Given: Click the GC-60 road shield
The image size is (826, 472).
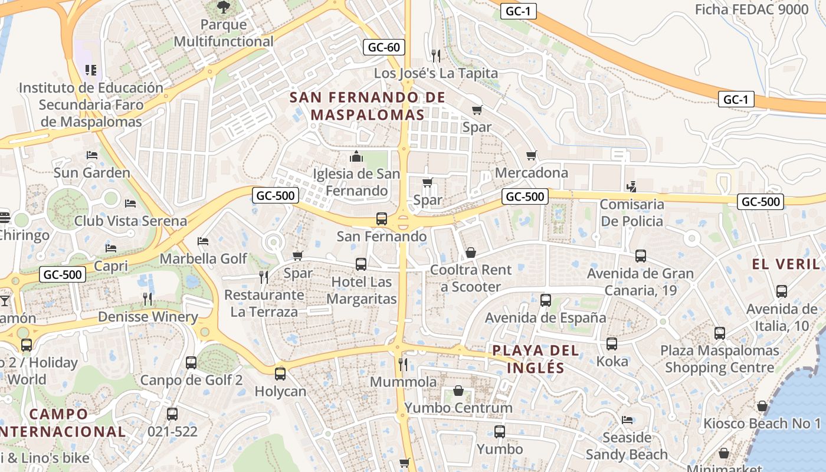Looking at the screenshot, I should tap(383, 47).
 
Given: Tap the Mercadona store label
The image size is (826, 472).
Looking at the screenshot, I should tap(531, 173).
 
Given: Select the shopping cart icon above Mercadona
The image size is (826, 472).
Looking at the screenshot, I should tap(531, 156).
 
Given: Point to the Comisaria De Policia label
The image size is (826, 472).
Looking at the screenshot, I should tap(631, 213).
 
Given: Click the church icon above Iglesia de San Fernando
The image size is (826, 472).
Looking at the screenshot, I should tap(356, 156).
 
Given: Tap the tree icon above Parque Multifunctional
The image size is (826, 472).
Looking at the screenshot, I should tap(223, 7).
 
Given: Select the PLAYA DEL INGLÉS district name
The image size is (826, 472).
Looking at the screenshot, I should tap(528, 359).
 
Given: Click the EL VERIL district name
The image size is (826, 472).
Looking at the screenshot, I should tap(786, 264).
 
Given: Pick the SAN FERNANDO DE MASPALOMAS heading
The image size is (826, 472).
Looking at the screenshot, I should tap(368, 106).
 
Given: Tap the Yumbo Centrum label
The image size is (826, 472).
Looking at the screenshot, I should tap(458, 408).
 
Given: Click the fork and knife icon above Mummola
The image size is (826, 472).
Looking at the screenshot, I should tap(403, 364).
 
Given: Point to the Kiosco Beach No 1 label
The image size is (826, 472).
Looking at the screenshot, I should tap(762, 423).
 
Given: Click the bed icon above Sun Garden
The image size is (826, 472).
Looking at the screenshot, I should tap(91, 155).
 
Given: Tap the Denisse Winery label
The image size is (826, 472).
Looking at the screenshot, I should tap(147, 317).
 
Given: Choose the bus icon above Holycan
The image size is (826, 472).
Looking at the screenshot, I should tap(280, 373).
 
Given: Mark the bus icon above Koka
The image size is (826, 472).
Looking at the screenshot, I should tap(612, 343).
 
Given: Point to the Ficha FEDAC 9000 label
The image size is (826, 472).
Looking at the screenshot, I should tap(751, 9).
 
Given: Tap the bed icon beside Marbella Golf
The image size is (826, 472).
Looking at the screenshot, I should tap(203, 241).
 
